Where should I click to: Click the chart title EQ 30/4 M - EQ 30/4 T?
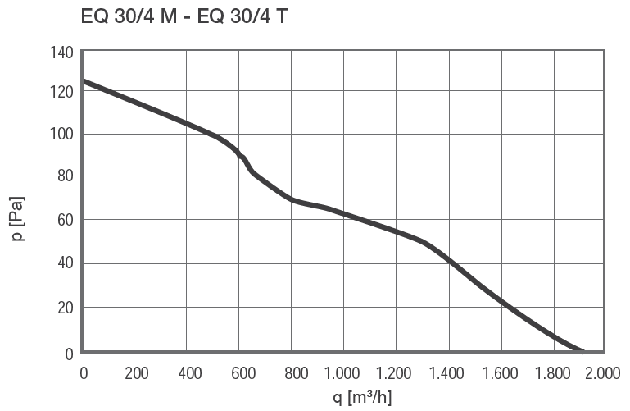(184, 16)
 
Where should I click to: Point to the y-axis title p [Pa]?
(18, 218)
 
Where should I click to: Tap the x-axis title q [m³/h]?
(345, 398)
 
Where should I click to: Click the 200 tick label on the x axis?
(136, 373)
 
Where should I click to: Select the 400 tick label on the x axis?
(188, 373)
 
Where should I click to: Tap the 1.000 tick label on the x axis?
(343, 373)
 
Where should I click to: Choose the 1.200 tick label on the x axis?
(396, 373)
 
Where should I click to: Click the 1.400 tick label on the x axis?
(448, 373)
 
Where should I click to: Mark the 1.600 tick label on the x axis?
(501, 373)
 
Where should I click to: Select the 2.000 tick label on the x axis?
(604, 373)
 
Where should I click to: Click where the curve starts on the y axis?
(84, 81)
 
